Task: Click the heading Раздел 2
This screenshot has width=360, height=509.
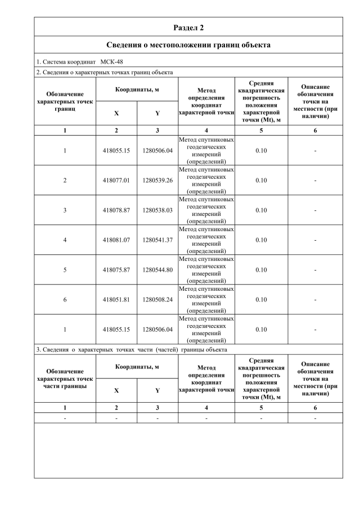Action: pos(188,27)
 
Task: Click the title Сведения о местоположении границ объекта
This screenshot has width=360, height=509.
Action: pos(188,44)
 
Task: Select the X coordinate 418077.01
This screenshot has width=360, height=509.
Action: pos(116,181)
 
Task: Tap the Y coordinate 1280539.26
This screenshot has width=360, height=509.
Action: pos(157,181)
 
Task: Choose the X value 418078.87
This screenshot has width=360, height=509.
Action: pos(116,210)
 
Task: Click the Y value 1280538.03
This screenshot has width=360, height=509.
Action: pos(157,210)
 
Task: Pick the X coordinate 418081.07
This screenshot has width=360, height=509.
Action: pos(116,240)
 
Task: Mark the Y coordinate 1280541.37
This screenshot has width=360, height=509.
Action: pos(157,240)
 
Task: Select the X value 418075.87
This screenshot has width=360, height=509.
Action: pos(116,270)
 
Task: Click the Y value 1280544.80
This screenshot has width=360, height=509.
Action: pos(157,270)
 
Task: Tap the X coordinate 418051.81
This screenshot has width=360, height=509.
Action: pos(116,300)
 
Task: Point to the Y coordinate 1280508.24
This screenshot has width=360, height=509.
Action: pos(157,300)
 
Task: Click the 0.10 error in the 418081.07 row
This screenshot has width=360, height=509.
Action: pos(261,240)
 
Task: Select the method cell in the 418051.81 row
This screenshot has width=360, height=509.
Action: pos(206,300)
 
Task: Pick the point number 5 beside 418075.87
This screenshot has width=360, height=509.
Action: pos(65,270)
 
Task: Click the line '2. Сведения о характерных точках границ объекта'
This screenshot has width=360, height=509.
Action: pos(105,72)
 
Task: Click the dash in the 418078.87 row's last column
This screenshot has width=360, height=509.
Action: pos(315,210)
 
